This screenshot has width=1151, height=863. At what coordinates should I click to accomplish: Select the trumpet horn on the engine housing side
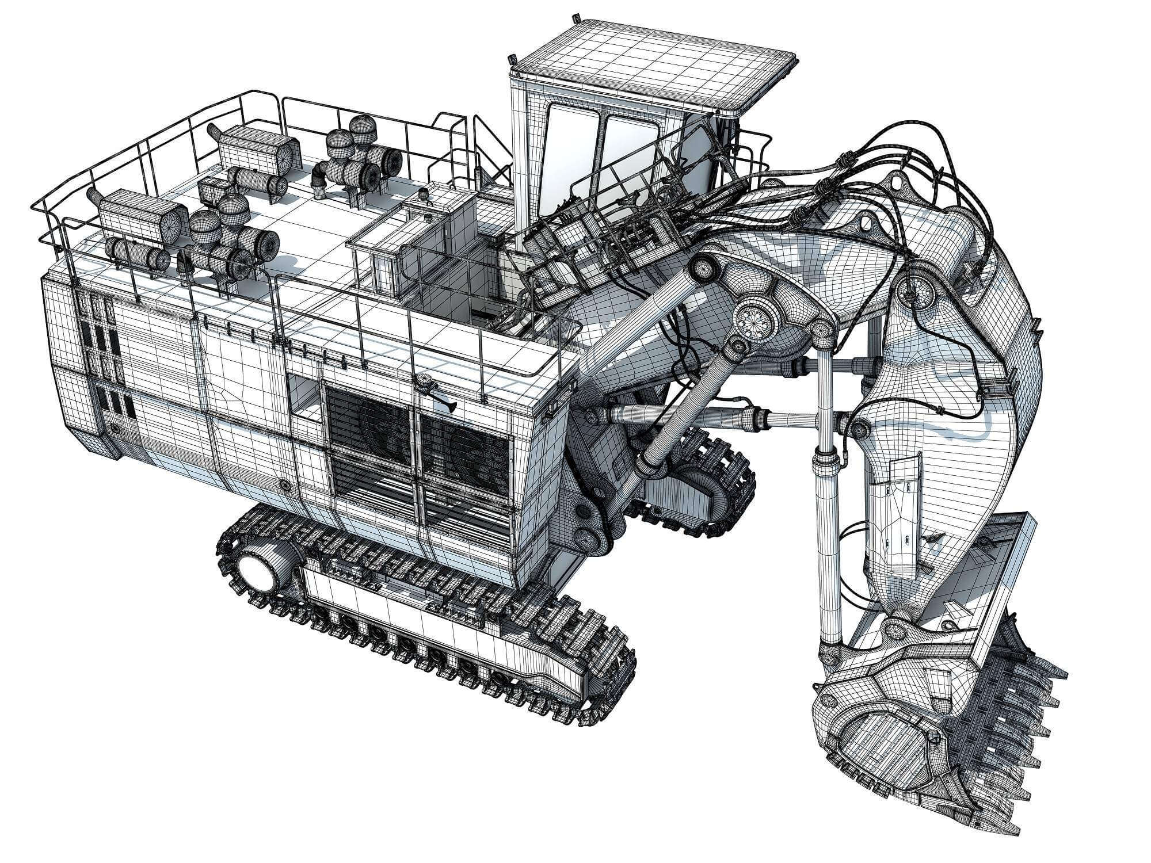pos(446,406)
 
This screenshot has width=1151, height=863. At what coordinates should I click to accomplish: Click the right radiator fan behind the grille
pos(472,455)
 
